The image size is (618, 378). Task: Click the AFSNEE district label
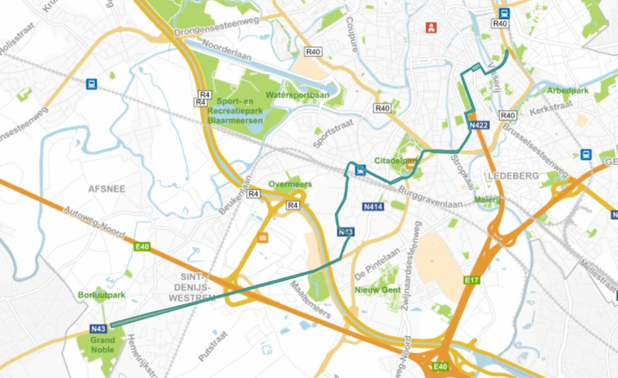(x=107, y=189)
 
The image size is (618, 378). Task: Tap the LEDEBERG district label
(x=507, y=176)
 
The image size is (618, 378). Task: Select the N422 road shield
(x=479, y=125)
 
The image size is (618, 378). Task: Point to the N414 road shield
(x=373, y=206)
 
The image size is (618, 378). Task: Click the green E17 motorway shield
(x=471, y=280)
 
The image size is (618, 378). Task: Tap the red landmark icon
(x=431, y=27)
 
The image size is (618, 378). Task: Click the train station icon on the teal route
(x=359, y=171)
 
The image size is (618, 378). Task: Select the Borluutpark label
(x=102, y=295)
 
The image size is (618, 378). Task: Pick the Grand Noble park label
(x=102, y=345)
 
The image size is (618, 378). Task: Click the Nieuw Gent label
(x=378, y=290)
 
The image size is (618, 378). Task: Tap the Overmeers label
(x=290, y=184)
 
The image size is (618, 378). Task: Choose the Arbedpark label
(x=568, y=91)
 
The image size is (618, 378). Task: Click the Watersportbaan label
(x=291, y=95)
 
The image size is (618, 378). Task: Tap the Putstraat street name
(x=213, y=346)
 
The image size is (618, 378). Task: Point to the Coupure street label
(x=352, y=35)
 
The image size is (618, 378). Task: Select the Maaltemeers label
(x=310, y=299)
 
